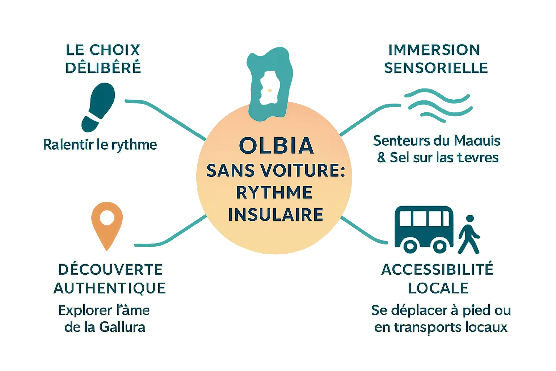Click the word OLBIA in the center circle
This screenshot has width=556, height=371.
coord(276,146)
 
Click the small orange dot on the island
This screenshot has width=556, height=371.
coord(269,90)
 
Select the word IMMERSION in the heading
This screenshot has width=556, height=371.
coord(434,50)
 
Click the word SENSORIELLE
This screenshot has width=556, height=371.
coord(436,68)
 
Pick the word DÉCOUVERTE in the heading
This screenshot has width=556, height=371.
coord(110,270)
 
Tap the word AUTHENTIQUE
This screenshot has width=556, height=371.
coord(110,288)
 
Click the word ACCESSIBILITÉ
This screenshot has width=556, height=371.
coord(437,270)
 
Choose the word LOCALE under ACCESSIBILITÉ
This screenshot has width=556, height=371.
coord(438,288)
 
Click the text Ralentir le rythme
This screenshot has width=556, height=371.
coord(100,145)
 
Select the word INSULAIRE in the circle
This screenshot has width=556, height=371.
coord(275,214)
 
